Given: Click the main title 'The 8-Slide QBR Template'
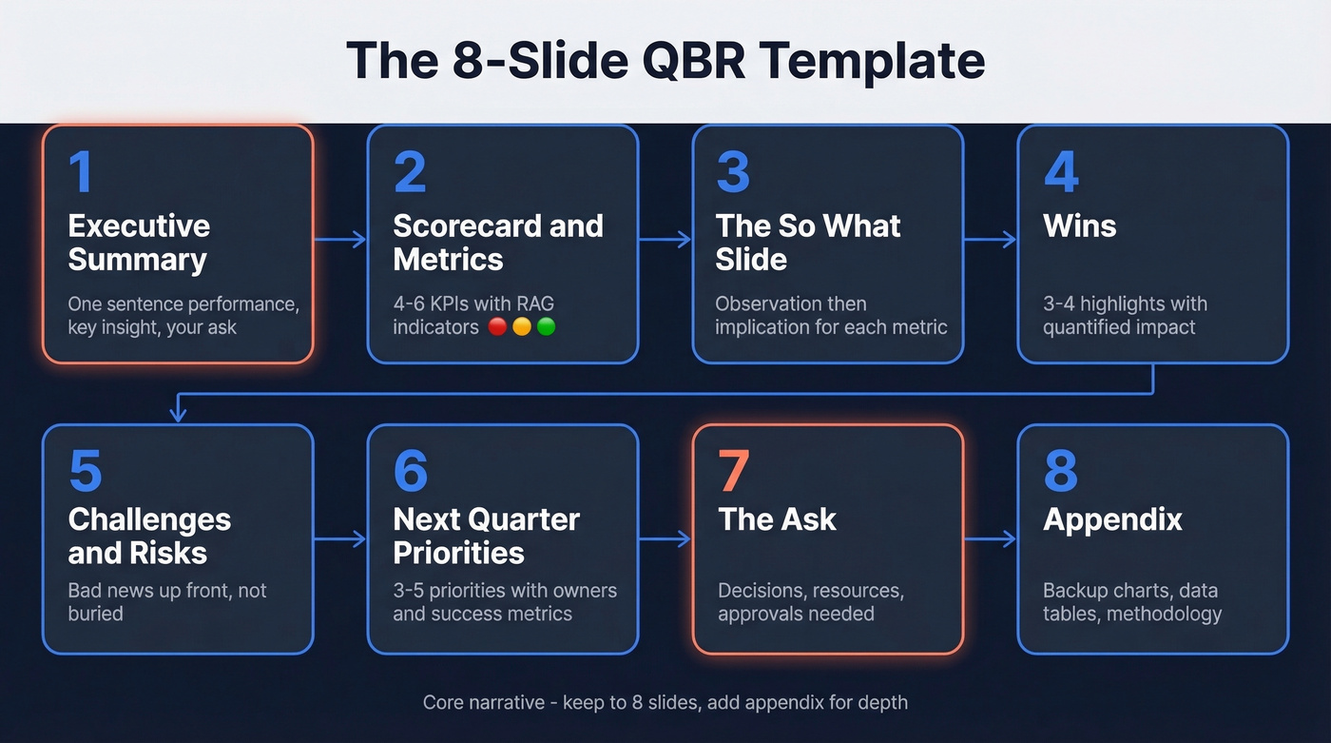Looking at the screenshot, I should [x=665, y=60].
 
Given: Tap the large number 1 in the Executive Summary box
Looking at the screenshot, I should [x=81, y=172].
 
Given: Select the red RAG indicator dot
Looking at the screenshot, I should [x=496, y=327].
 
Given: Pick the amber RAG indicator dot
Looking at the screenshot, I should [x=521, y=327].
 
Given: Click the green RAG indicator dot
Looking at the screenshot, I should [x=546, y=327].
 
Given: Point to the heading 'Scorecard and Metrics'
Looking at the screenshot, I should [x=497, y=242].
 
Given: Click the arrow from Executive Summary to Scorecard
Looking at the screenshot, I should [x=340, y=240].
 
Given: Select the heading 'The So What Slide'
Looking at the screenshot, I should [x=807, y=242].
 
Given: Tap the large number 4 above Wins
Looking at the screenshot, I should [x=1061, y=172].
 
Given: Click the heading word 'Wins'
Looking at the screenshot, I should [x=1079, y=225].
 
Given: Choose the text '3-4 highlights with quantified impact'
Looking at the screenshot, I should [x=1124, y=315].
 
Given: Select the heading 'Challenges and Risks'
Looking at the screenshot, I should [x=149, y=536].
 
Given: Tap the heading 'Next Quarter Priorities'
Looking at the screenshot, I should [x=486, y=536].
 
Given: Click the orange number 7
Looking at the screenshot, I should [x=733, y=471].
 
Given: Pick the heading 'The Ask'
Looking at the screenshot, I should [x=777, y=519].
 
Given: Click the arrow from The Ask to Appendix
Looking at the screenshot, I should [x=990, y=539].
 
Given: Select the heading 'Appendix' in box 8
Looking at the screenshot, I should [x=1112, y=519].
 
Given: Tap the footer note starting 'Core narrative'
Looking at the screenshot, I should [x=665, y=703].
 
